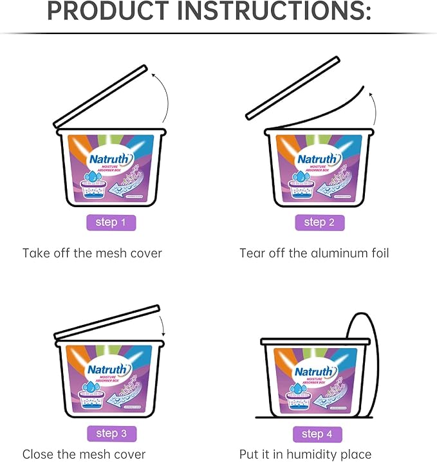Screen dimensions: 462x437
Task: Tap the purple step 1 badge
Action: coord(111,223)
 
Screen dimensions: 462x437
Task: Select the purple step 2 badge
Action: coord(319,223)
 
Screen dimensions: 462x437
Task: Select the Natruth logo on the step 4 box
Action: coord(315,372)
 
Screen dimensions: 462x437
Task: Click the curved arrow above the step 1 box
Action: coord(164,97)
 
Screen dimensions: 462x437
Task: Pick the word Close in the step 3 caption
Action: coord(39,455)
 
